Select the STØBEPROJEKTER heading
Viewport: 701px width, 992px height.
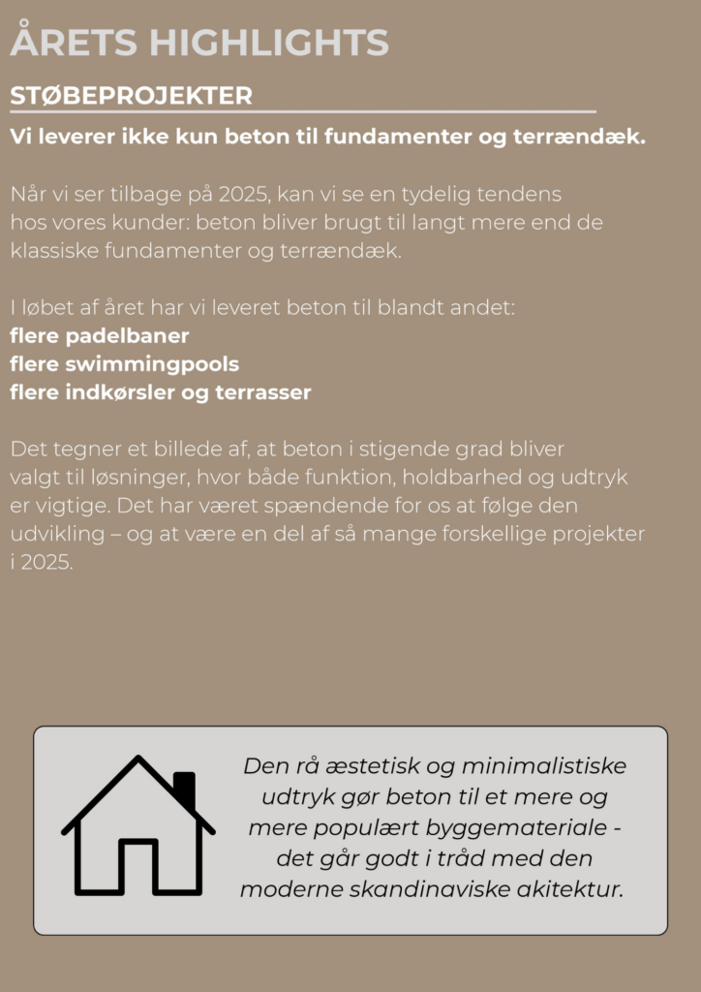[131, 96]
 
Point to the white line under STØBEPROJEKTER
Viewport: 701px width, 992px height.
[302, 112]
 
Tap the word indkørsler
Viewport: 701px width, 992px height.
[120, 393]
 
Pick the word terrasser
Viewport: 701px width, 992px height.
[264, 393]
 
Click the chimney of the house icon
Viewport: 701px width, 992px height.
[184, 788]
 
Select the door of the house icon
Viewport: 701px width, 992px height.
[137, 865]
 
